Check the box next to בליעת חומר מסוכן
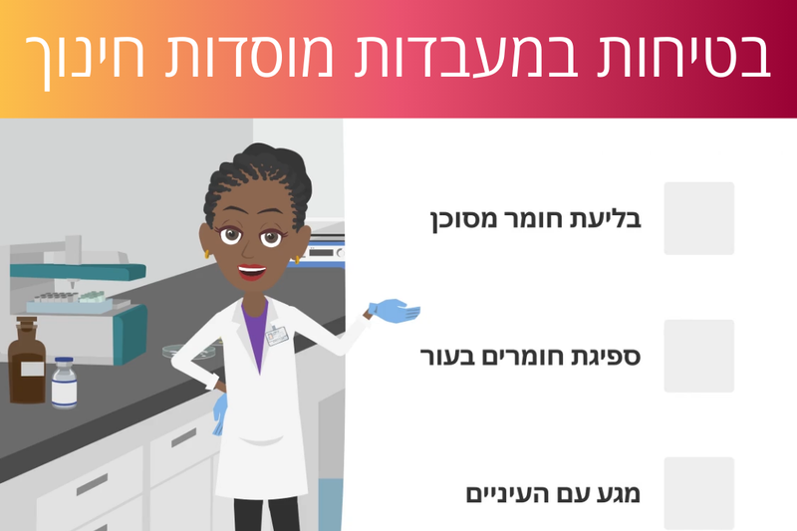tap(698, 218)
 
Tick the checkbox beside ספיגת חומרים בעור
tap(698, 356)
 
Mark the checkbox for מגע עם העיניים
tap(698, 492)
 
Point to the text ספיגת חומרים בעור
tap(538, 356)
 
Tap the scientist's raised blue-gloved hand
tap(394, 311)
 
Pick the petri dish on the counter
tap(189, 348)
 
